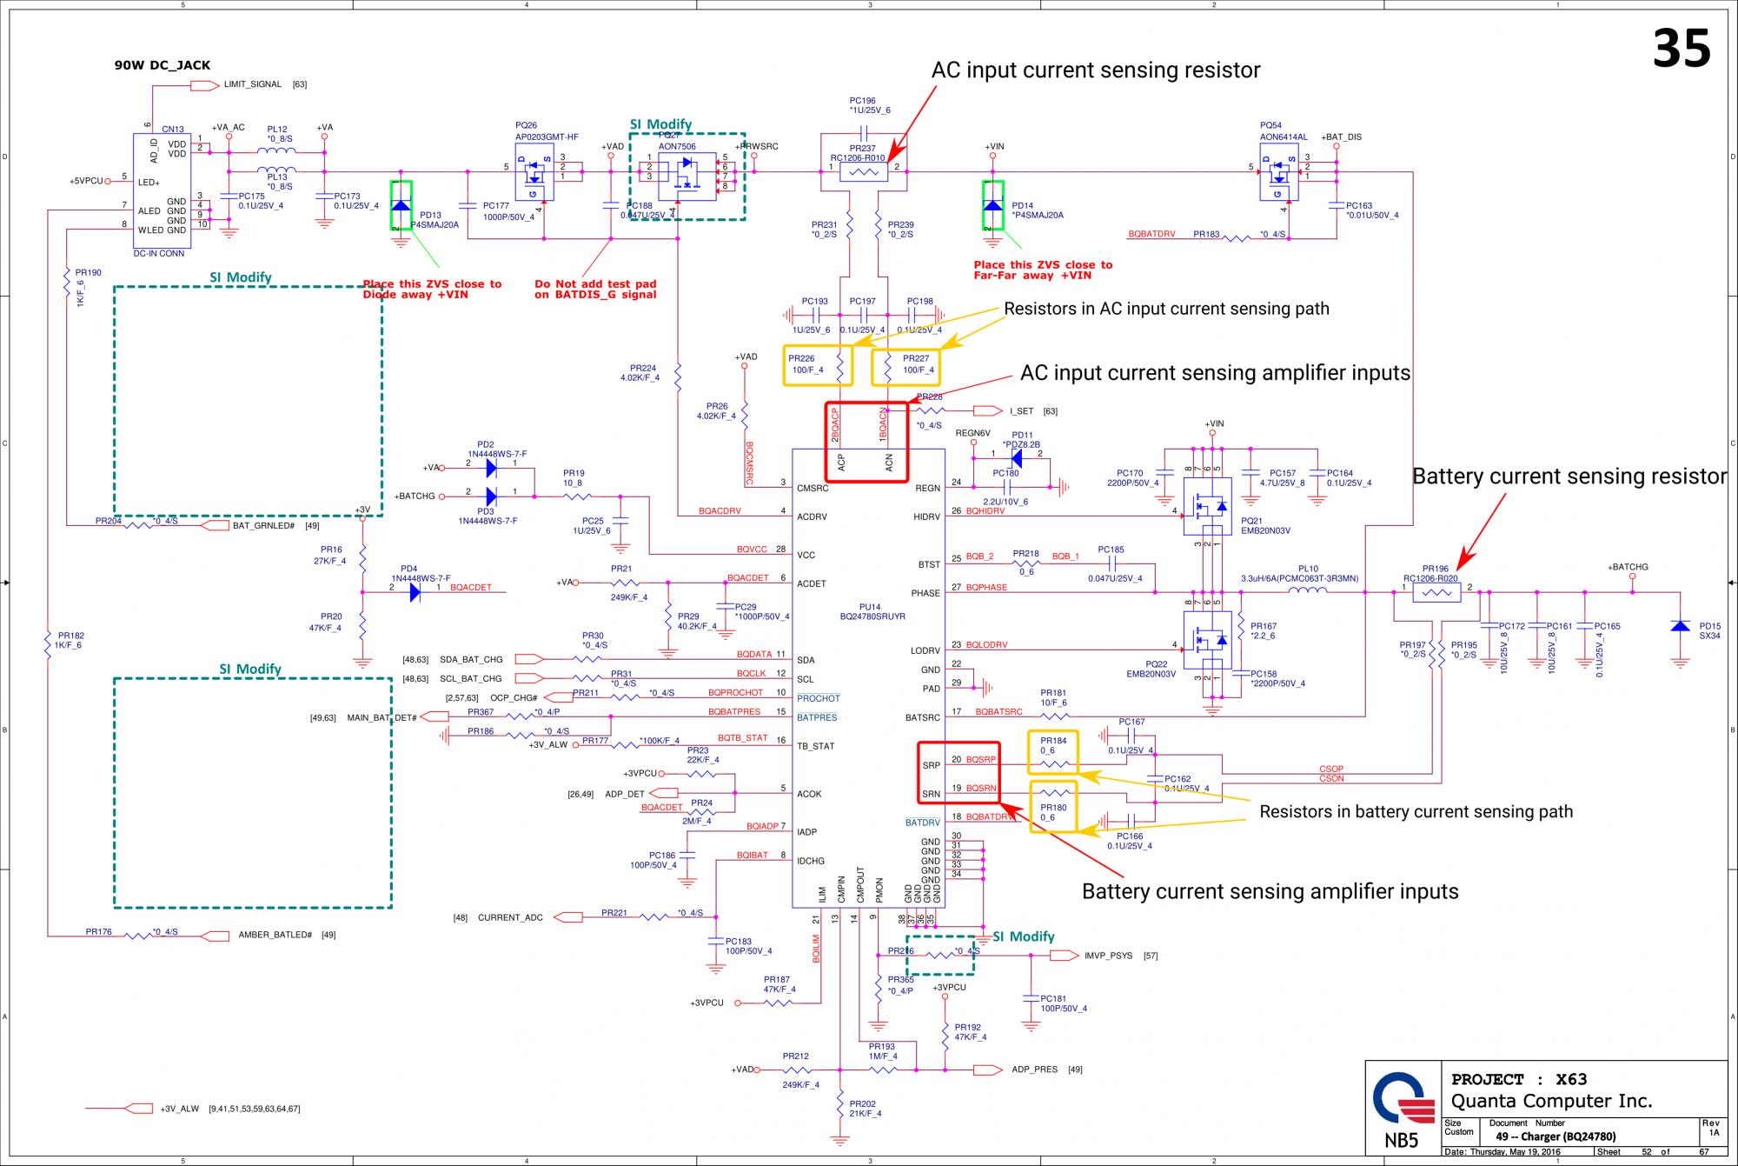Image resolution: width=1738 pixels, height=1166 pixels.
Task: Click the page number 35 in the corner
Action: pyautogui.click(x=1681, y=49)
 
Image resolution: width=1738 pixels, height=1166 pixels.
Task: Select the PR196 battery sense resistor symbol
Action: pyautogui.click(x=1436, y=593)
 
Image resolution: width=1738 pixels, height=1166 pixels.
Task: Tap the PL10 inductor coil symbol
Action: pyautogui.click(x=1307, y=592)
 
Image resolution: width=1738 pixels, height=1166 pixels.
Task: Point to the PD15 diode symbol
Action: pyautogui.click(x=1680, y=626)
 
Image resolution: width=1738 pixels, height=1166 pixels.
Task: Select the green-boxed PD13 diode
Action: pyautogui.click(x=401, y=206)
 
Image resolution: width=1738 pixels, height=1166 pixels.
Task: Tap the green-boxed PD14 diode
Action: pyautogui.click(x=992, y=205)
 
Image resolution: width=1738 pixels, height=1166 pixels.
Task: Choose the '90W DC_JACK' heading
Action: pyautogui.click(x=163, y=65)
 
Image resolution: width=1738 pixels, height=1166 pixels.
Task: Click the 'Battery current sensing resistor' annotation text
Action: pyautogui.click(x=1569, y=476)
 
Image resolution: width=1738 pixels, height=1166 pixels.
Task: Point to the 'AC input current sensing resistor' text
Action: pyautogui.click(x=1095, y=70)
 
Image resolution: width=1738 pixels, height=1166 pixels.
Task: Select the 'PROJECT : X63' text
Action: pyautogui.click(x=1519, y=1079)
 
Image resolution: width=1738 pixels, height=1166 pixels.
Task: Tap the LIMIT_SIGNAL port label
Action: pyautogui.click(x=252, y=84)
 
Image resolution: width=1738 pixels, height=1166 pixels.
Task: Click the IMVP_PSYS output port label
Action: pyautogui.click(x=1108, y=956)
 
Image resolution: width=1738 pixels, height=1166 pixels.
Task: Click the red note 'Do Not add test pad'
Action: pyautogui.click(x=595, y=284)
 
